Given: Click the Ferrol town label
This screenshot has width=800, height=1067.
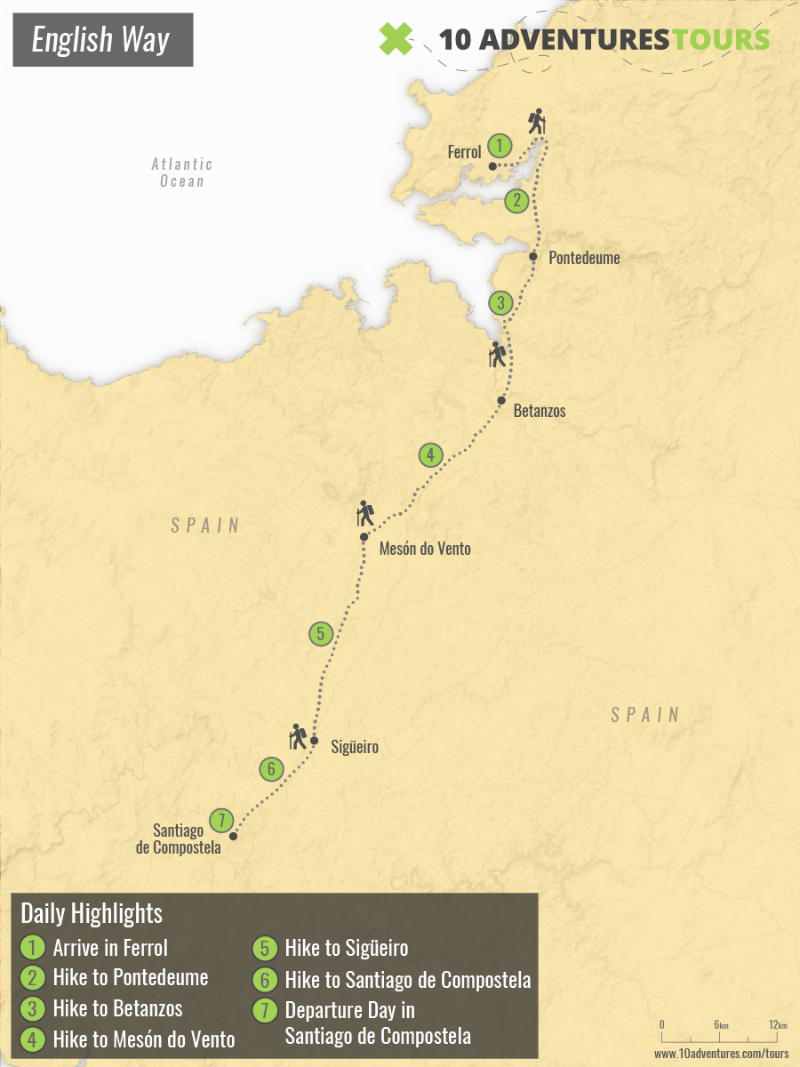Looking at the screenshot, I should [464, 153].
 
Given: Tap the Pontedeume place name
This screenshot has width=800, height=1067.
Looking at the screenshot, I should [584, 259].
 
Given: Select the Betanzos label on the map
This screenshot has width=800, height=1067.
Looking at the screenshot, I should [540, 412].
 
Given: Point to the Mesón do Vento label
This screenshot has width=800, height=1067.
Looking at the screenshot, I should [425, 550].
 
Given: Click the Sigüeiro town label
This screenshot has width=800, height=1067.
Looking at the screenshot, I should [354, 747].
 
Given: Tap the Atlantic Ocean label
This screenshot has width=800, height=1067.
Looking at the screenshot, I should [182, 172].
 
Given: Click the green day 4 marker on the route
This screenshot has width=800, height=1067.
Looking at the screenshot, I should [430, 455].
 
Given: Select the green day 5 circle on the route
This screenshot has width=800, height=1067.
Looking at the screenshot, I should [320, 634].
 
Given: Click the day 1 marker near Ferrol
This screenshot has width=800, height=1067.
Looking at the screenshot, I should [500, 145].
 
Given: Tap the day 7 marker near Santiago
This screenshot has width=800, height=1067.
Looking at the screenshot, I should [220, 820].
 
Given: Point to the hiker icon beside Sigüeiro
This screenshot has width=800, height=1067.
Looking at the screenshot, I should [299, 736].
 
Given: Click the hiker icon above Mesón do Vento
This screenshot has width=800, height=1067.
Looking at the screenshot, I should [364, 512].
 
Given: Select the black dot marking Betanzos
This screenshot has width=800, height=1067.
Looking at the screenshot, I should [501, 401].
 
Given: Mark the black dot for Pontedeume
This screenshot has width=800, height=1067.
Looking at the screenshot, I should [533, 256].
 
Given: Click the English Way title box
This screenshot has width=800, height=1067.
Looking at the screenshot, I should [103, 40].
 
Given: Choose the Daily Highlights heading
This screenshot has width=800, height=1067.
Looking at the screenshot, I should [92, 913].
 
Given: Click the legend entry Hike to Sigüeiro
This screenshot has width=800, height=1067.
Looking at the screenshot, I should [346, 948].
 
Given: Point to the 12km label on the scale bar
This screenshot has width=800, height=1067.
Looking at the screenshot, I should [779, 1025].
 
